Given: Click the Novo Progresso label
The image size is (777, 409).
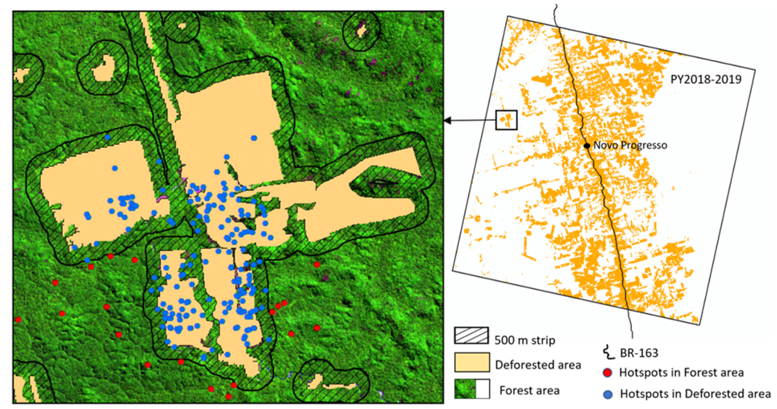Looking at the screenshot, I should pos(630,145).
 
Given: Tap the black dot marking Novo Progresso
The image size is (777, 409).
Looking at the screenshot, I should pos(587,146).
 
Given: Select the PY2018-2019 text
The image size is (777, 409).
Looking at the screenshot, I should pos(706,79).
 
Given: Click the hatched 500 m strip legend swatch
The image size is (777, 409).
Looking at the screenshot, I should pos(471,335).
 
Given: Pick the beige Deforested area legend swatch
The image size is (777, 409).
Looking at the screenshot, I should pos(472,362).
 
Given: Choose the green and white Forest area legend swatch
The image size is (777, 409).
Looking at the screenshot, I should pos(472,389).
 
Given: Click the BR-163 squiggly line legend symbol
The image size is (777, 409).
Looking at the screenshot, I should pos(607,353).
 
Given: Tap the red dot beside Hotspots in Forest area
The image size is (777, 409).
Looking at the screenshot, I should pos(607,373).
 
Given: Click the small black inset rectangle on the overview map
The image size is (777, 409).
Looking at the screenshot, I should pos(506,120).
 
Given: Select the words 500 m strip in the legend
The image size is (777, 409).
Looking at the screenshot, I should pos(525,340).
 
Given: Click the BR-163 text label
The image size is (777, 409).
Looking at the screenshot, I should pos(639,353).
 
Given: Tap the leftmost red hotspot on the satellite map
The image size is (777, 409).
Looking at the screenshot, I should pos(18,320).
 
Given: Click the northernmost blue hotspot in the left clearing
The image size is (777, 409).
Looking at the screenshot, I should pos(108,137).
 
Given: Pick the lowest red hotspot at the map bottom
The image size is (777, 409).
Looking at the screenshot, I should pos(228,397).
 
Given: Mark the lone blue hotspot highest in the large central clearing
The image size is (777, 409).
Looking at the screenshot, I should pos(254,138).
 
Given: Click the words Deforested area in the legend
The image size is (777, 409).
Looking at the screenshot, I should pos(538,365).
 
